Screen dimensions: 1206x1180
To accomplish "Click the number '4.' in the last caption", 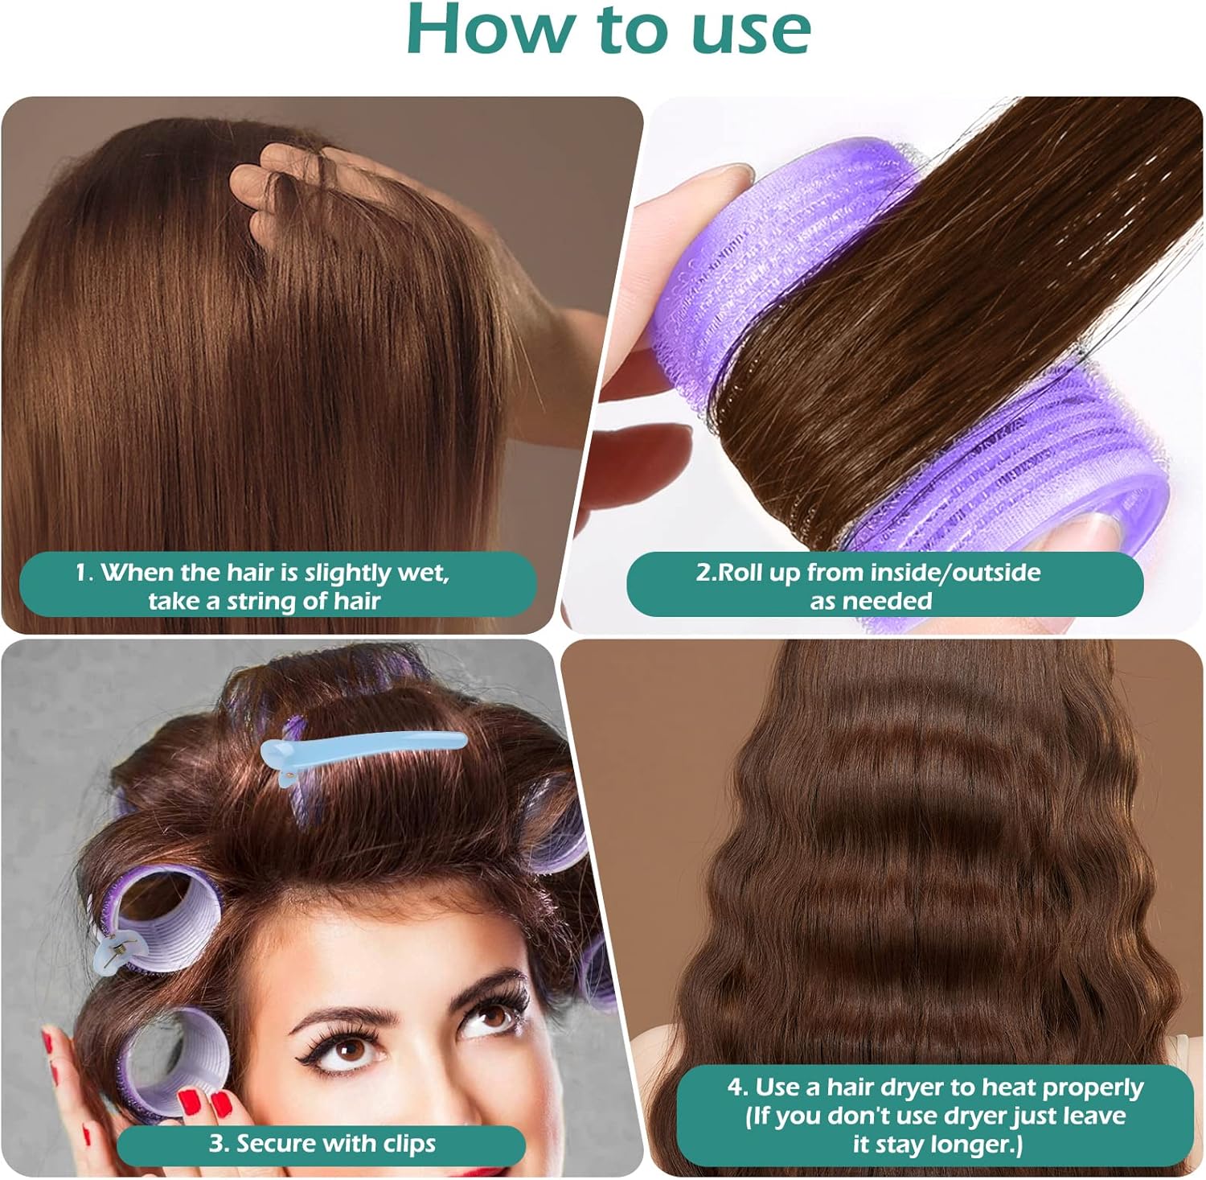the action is [738, 1087].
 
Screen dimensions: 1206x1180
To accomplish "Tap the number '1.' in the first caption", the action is [84, 573].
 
